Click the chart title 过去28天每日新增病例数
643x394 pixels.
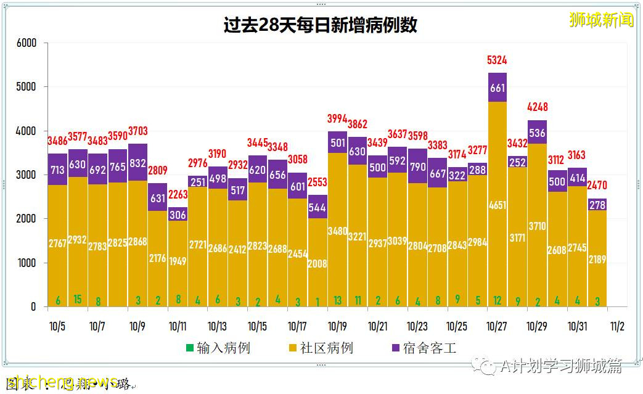320,25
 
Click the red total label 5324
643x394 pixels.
497,60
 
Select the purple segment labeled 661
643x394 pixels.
497,88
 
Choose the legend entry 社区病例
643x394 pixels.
320,348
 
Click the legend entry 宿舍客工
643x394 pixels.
423,348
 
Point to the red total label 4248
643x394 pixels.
537,107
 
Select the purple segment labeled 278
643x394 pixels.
597,205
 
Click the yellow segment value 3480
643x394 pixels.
337,231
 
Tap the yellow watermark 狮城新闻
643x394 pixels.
601,20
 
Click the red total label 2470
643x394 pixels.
597,184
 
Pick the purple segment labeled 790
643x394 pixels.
417,167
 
